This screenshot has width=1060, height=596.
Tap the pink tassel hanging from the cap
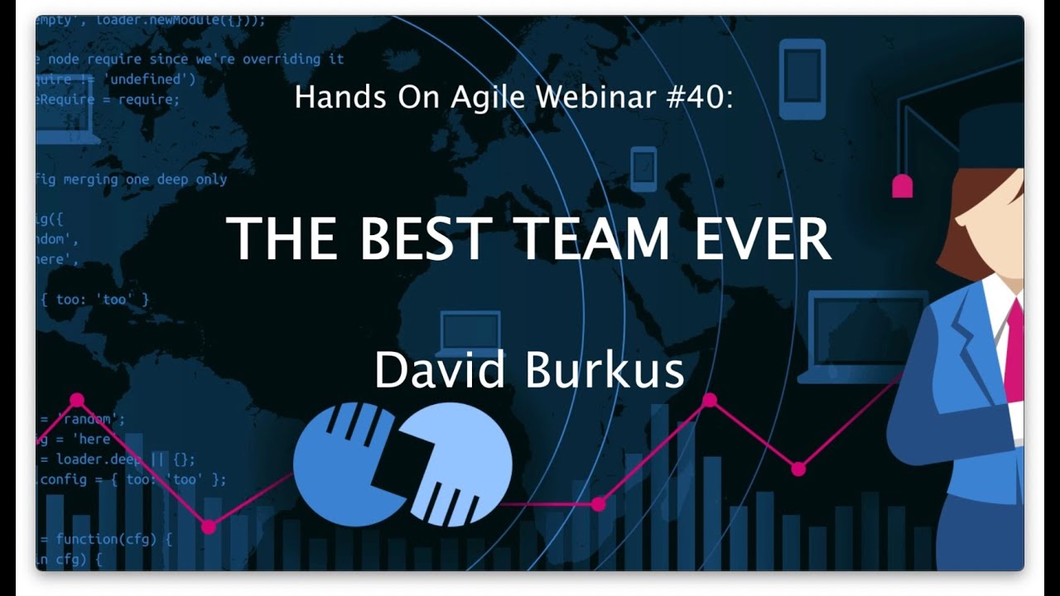coord(902,186)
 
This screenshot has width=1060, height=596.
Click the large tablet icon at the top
coord(802,79)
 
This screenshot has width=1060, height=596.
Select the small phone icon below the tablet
coord(643,169)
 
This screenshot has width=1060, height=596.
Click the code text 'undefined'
coord(149,79)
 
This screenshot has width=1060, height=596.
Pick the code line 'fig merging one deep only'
coord(131,179)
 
